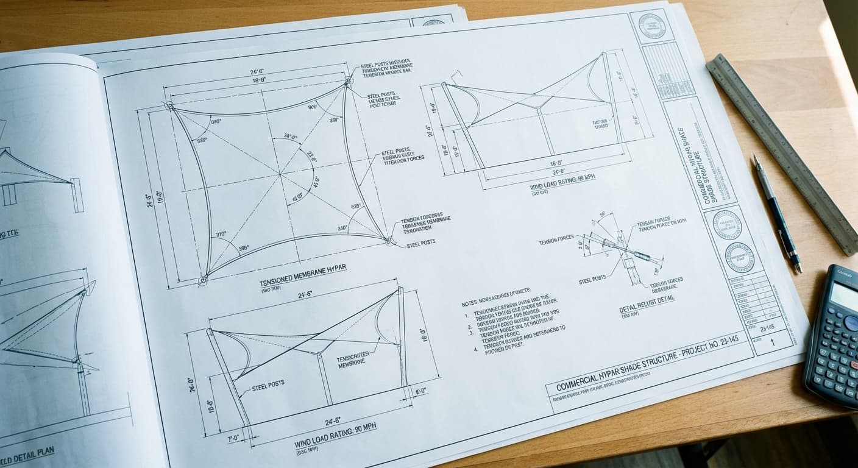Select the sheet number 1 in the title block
coord(773,342)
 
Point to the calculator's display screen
coord(845,296)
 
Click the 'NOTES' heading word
coord(472,302)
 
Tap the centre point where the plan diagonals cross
coord(280,175)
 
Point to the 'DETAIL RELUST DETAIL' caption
coord(647,308)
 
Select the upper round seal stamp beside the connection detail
coord(726,224)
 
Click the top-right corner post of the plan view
coord(349,81)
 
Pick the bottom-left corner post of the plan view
coord(202,280)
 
